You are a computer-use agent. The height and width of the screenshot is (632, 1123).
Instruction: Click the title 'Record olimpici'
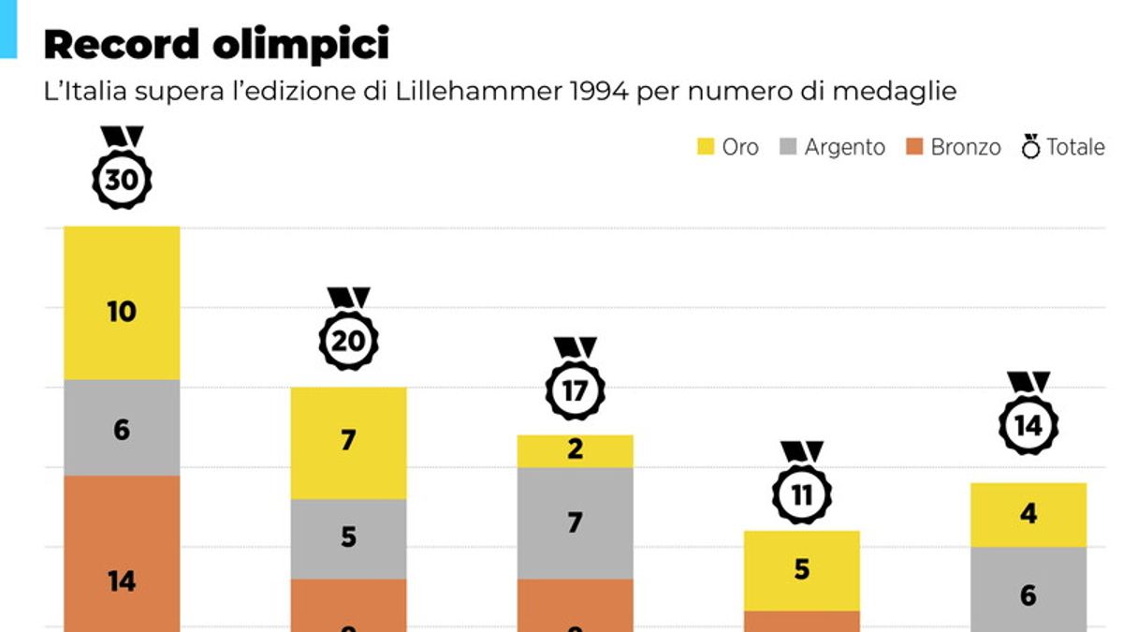pyautogui.click(x=216, y=44)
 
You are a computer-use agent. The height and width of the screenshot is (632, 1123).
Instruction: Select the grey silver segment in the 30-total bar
pyautogui.click(x=122, y=428)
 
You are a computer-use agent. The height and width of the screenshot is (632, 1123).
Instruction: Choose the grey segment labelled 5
pyautogui.click(x=348, y=538)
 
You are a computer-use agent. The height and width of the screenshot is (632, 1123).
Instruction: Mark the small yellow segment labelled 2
pyautogui.click(x=575, y=450)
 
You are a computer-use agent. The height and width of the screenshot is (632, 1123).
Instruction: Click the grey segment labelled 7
pyautogui.click(x=575, y=522)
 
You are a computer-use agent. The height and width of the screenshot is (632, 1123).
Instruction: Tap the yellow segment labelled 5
pyautogui.click(x=802, y=570)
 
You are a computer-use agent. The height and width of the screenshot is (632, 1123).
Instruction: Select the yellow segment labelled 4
pyautogui.click(x=1028, y=514)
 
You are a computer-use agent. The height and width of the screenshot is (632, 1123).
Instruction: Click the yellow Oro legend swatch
pyautogui.click(x=706, y=147)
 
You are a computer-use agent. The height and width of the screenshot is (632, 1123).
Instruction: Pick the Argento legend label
pyautogui.click(x=844, y=147)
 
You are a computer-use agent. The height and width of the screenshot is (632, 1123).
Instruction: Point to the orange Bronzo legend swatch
pyautogui.click(x=915, y=147)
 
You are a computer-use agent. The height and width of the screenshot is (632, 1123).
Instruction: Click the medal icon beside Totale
pyautogui.click(x=1030, y=147)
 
